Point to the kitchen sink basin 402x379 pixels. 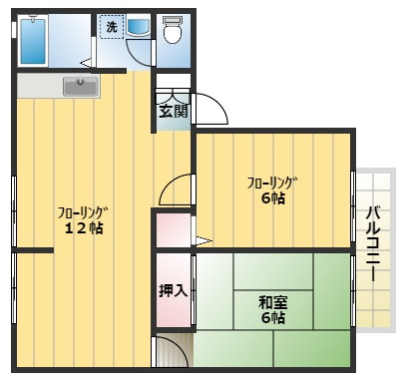point(81,87)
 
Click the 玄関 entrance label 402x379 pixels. point(173,111)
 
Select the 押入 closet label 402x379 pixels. point(173,291)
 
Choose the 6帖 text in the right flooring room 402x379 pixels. point(272,197)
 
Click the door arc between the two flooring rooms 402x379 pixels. point(177,189)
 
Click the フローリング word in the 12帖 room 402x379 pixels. point(82,211)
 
